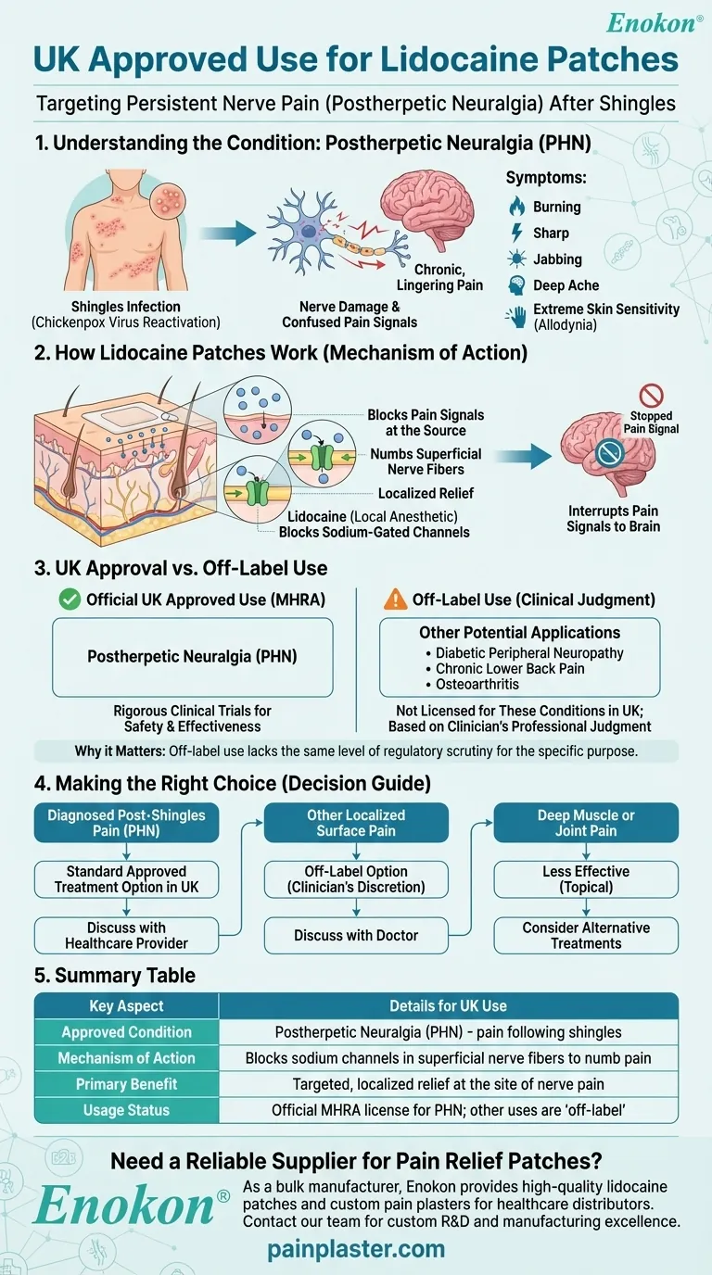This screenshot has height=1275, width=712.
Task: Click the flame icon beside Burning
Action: [x=516, y=207]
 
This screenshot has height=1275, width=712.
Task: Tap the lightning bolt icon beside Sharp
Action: [x=516, y=234]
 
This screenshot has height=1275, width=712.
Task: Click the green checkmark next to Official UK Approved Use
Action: [x=70, y=600]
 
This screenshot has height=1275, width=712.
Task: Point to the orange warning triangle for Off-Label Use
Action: [x=396, y=600]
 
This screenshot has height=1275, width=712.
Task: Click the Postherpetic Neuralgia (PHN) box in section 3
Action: [x=192, y=656]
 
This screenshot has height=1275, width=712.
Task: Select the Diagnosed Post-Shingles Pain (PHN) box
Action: [x=126, y=823]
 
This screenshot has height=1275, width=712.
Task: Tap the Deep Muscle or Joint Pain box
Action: [x=585, y=823]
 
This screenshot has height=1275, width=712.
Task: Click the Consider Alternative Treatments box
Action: [x=585, y=935]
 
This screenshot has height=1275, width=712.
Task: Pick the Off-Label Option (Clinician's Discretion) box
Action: [x=356, y=879]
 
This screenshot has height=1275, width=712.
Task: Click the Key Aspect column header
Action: [x=126, y=1006]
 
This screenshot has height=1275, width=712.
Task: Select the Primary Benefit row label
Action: [x=126, y=1083]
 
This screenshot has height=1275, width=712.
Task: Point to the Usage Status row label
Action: [x=126, y=1109]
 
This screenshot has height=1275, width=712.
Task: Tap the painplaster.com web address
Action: [x=356, y=1249]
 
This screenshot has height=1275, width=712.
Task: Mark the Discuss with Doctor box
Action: [x=356, y=935]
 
